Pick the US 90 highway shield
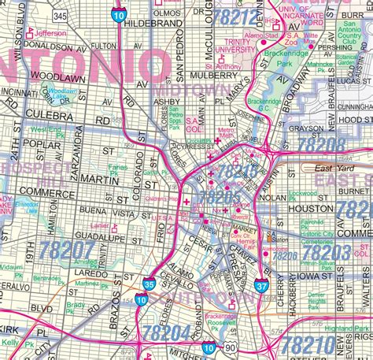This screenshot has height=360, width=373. (x=231, y=347)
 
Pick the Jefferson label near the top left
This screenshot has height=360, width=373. (x=50, y=34)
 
